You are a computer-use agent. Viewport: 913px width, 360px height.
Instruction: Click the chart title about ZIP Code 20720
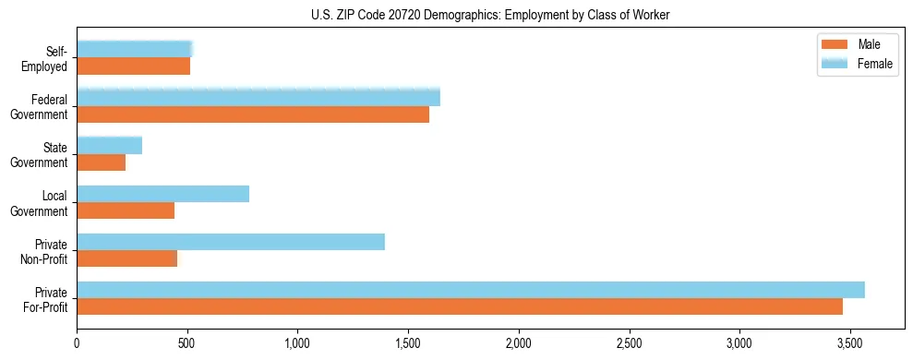(456, 15)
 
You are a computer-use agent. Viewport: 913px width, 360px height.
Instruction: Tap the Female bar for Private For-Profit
(471, 290)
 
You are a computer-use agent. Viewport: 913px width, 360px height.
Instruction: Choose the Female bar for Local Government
(163, 194)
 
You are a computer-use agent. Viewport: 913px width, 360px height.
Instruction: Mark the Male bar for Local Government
(126, 210)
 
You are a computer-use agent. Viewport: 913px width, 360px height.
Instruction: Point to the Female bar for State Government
(110, 146)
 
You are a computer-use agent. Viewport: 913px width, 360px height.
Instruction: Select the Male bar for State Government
(102, 162)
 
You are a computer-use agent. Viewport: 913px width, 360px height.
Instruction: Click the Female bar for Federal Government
(258, 97)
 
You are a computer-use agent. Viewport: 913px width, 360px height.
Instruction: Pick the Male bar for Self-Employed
(134, 66)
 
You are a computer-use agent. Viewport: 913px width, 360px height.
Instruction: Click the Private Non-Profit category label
(45, 250)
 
